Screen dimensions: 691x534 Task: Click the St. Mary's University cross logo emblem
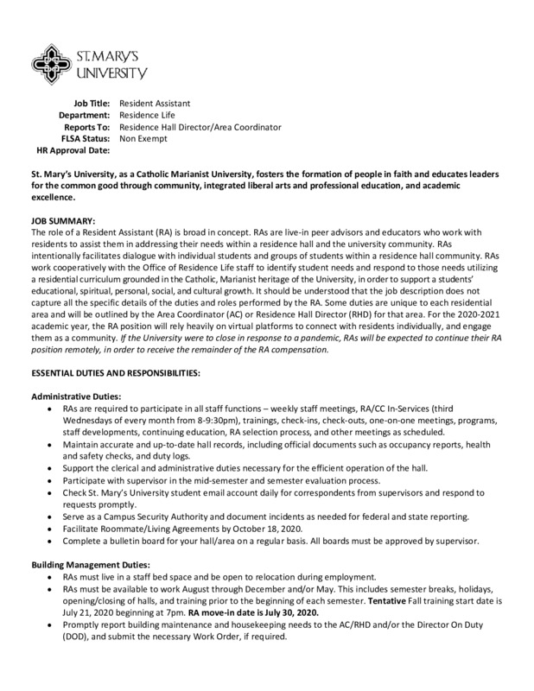click(59, 59)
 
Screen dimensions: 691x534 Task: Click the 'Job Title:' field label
click(91, 104)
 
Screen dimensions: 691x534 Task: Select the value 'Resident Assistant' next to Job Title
click(155, 104)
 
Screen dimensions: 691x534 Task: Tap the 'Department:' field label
click(84, 115)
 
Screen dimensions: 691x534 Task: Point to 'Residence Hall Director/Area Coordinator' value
click(200, 127)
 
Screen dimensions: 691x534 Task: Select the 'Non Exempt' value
click(143, 138)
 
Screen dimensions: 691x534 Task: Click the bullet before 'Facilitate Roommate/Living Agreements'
click(54, 528)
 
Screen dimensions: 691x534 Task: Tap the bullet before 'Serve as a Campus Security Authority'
click(54, 517)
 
